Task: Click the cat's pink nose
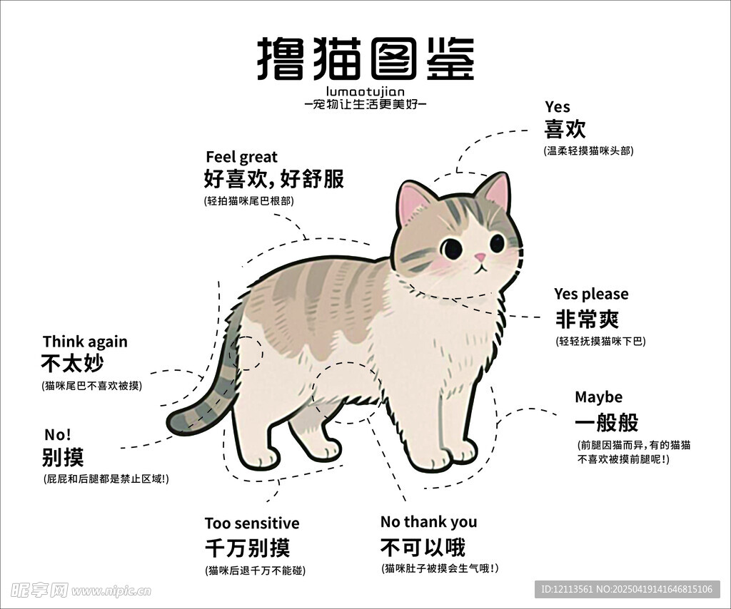[480, 257]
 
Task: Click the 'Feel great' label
[241, 158]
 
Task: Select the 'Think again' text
[85, 342]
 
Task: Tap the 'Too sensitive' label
[252, 523]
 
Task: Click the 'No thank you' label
[428, 522]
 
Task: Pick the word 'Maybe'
[599, 397]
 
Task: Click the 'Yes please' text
[591, 295]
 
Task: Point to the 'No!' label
[58, 435]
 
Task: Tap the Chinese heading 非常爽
[587, 319]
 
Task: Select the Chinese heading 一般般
[607, 422]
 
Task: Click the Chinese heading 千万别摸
[248, 548]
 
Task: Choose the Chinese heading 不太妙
[72, 363]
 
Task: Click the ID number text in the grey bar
[627, 589]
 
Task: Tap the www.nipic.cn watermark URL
[111, 591]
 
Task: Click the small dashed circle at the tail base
[246, 353]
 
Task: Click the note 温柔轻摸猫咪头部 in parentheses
[588, 151]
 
